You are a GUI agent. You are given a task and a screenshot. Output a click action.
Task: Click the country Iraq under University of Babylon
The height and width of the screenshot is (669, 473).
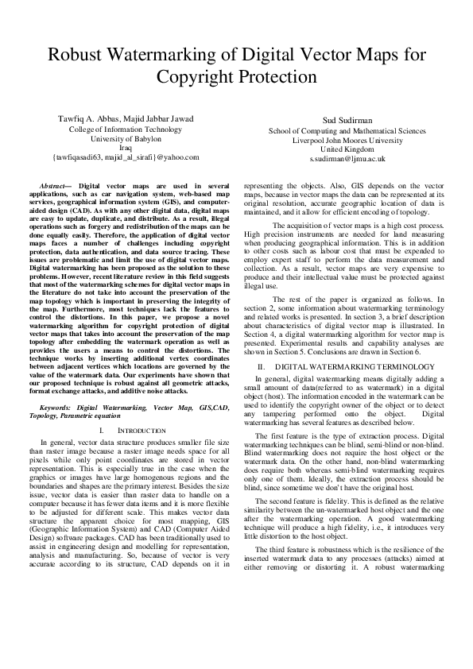tap(125, 148)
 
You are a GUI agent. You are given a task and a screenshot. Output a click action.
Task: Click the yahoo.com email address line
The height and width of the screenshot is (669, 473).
tap(125, 157)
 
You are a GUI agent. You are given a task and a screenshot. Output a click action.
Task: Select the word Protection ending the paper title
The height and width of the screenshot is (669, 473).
tap(277, 77)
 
